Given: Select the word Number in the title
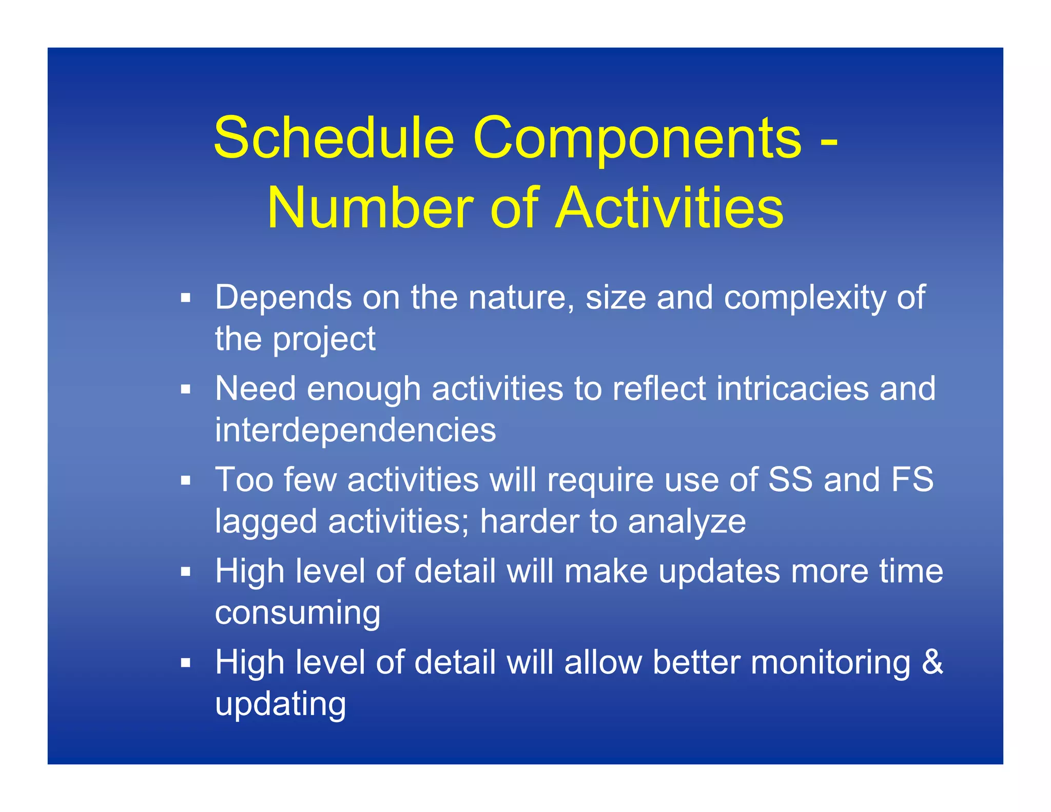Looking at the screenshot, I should click(x=369, y=208).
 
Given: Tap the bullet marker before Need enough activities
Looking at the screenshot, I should click(x=185, y=389).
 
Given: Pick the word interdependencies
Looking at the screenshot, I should click(x=355, y=430).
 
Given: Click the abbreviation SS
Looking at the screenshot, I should click(x=790, y=480).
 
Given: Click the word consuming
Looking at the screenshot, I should click(x=298, y=613).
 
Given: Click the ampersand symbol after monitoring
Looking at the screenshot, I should click(x=932, y=662).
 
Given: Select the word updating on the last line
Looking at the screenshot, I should click(x=280, y=705).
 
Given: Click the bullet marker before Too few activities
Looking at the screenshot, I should click(x=185, y=480).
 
